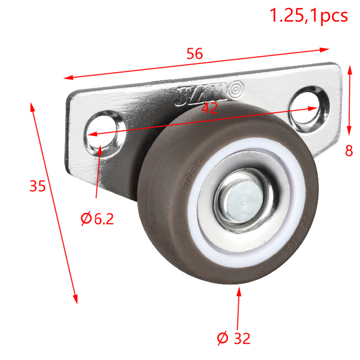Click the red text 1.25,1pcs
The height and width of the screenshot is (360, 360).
[308, 15]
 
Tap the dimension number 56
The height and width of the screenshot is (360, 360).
[195, 54]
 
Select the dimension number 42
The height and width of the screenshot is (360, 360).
[209, 108]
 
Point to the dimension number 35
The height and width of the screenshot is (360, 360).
[38, 185]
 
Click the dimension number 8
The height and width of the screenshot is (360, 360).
[349, 151]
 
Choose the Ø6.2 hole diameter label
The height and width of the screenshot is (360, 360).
[97, 219]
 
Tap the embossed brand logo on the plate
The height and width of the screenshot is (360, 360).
[209, 92]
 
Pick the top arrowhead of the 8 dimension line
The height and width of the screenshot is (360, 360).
[350, 69]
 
